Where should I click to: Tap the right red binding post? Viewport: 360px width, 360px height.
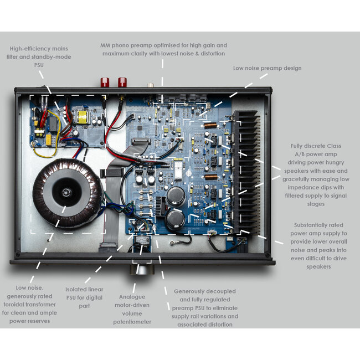point(122,83)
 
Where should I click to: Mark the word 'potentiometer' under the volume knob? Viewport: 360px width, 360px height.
point(132,321)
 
